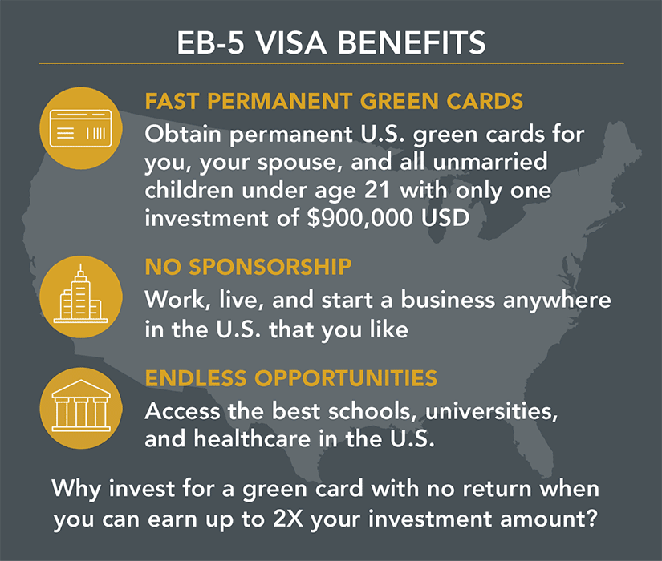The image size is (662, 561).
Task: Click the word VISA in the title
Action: click(291, 42)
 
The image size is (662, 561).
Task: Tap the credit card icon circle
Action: click(80, 128)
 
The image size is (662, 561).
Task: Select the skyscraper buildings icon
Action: click(80, 297)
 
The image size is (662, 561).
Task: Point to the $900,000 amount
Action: click(359, 218)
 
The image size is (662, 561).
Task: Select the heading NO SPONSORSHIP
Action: click(248, 267)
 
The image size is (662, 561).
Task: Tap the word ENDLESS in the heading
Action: click(196, 378)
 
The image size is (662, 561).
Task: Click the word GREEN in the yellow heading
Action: click(400, 101)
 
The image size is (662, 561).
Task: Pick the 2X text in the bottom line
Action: click(288, 519)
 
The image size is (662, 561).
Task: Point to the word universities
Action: click(491, 411)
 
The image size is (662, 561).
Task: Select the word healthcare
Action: click(252, 438)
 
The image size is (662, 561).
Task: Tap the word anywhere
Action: click(556, 301)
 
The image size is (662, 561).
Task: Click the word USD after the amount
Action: click(445, 218)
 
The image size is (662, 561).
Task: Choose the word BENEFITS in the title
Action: click(412, 42)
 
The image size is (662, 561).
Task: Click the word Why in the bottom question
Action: click(76, 490)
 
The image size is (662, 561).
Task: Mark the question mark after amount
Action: click(592, 518)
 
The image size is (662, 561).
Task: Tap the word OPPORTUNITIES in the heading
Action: click(346, 378)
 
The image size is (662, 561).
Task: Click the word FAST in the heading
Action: click(172, 101)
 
